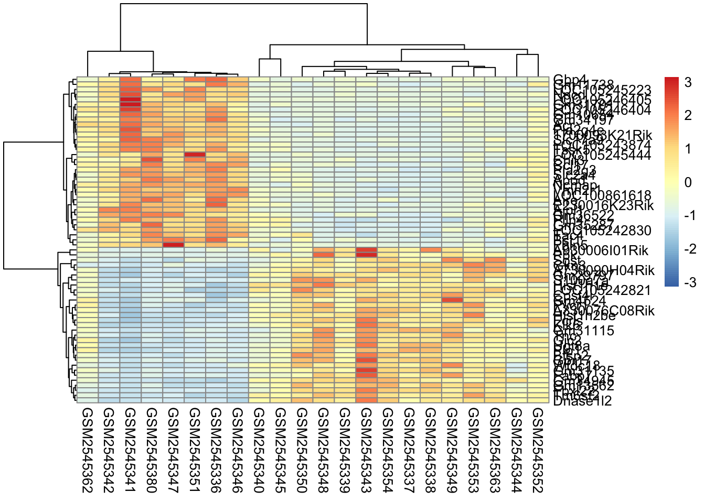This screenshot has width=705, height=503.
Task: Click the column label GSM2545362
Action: [87, 451]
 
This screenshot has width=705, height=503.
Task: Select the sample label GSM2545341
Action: [130, 451]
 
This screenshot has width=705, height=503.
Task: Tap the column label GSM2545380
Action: [152, 451]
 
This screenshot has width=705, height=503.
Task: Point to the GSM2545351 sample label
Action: [195, 451]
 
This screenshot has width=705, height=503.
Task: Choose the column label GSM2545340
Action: [259, 451]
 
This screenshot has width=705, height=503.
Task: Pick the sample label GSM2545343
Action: [366, 451]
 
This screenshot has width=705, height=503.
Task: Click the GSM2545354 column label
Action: [388, 451]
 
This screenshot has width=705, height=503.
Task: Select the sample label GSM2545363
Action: [495, 451]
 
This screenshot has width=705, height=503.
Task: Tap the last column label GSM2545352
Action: [538, 451]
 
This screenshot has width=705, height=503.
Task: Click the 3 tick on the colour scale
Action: [688, 82]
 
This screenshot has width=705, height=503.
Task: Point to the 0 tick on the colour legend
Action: [688, 182]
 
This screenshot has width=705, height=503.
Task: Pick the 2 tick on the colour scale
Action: [688, 116]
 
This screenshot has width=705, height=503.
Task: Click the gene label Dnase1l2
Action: [582, 401]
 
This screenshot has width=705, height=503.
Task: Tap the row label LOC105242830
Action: [602, 231]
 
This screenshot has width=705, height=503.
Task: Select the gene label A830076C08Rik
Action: [604, 311]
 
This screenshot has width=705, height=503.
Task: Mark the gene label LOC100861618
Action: [602, 196]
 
